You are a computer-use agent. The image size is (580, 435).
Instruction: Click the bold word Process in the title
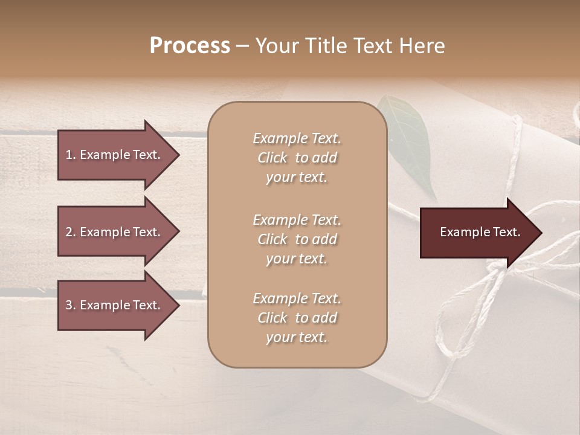190,46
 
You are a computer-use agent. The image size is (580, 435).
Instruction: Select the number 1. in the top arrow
71,155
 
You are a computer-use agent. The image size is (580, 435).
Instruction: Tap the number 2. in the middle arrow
71,232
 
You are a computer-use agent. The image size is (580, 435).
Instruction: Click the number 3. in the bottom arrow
71,305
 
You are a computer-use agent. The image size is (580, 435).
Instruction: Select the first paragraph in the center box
297,158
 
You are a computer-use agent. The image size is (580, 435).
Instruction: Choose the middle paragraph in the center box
297,239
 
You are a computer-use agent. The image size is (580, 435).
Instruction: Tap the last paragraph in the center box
297,318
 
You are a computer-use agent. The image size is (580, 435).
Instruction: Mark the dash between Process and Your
243,46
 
